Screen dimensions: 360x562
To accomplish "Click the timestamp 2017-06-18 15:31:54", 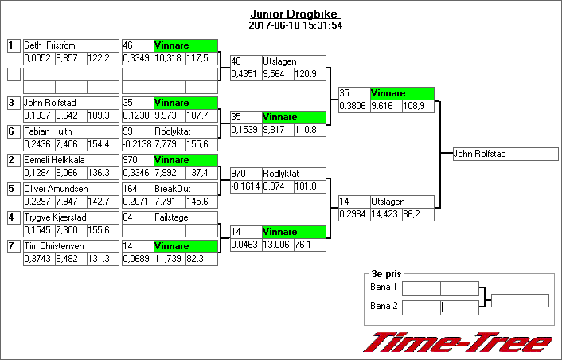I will tap(295, 25).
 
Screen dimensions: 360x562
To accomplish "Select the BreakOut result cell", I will tap(185, 189).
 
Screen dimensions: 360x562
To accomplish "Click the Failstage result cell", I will tap(185, 217).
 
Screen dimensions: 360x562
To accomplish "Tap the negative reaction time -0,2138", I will tap(137, 143).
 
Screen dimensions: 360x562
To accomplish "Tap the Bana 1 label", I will tap(384, 288).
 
